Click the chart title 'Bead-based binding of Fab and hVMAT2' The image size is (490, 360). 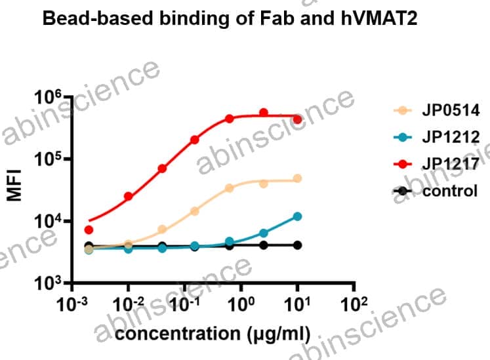pos(229,19)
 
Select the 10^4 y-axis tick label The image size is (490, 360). pos(47,222)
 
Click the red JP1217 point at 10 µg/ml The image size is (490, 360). pos(297,119)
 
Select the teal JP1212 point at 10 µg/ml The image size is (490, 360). pos(297,216)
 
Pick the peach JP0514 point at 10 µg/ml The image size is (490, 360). pos(297,178)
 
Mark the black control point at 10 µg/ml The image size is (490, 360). pos(297,245)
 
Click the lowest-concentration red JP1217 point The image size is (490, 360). pos(89,230)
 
